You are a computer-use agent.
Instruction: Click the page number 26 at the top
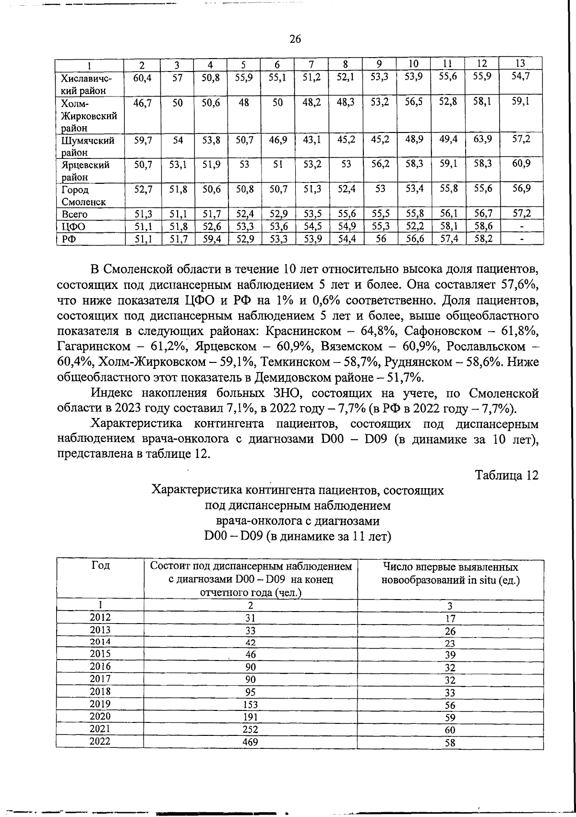click(x=295, y=40)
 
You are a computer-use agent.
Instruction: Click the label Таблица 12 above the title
click(x=506, y=475)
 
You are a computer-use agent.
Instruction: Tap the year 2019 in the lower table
click(x=100, y=704)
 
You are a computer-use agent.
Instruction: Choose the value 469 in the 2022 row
click(x=250, y=742)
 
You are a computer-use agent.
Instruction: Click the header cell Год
click(x=100, y=566)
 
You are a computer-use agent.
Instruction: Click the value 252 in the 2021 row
click(x=250, y=730)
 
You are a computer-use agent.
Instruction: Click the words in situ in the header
click(x=481, y=580)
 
